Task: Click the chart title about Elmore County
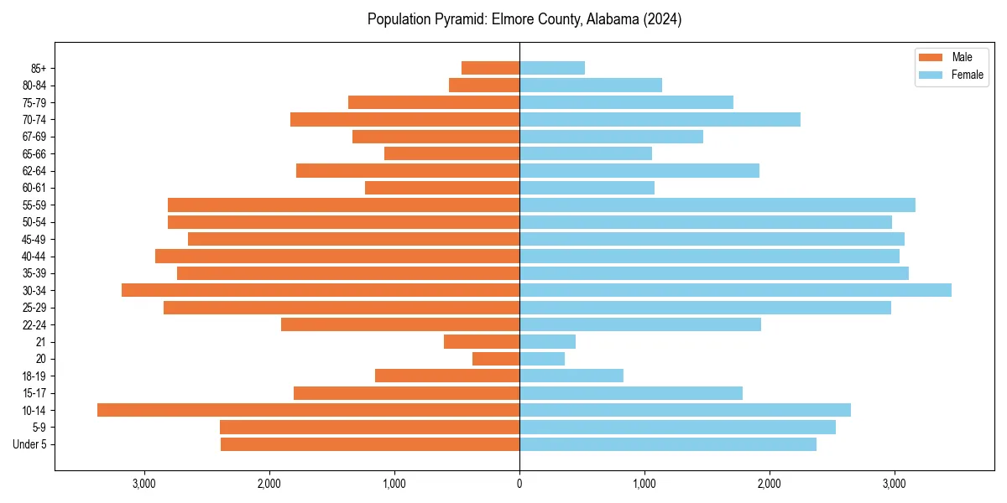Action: pyautogui.click(x=524, y=19)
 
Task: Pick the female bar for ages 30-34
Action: pyautogui.click(x=735, y=290)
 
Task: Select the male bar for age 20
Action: pyautogui.click(x=496, y=359)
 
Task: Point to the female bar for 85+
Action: pyautogui.click(x=552, y=68)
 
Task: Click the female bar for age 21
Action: pyautogui.click(x=547, y=341)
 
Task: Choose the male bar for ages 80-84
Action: pyautogui.click(x=484, y=85)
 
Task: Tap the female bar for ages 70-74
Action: pyautogui.click(x=660, y=119)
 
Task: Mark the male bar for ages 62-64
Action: pyautogui.click(x=408, y=170)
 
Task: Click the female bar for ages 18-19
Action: pyautogui.click(x=571, y=376)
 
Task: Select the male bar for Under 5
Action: pyautogui.click(x=370, y=444)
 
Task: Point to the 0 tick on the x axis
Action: pyautogui.click(x=519, y=484)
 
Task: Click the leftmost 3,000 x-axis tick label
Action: pyautogui.click(x=144, y=484)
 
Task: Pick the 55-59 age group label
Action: pyautogui.click(x=34, y=205)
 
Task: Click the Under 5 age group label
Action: pyautogui.click(x=30, y=444)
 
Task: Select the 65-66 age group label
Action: pyautogui.click(x=34, y=153)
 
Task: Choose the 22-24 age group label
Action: pyautogui.click(x=34, y=324)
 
